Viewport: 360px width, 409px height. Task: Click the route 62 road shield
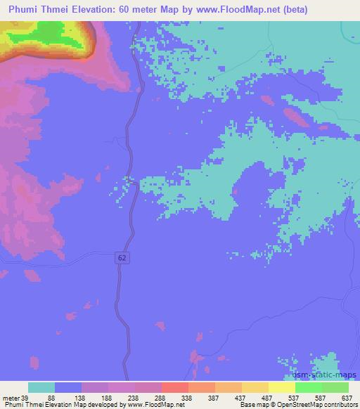coord(122,258)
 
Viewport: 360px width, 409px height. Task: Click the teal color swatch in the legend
coord(41,387)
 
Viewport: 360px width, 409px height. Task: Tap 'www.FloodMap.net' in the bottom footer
coord(152,405)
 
